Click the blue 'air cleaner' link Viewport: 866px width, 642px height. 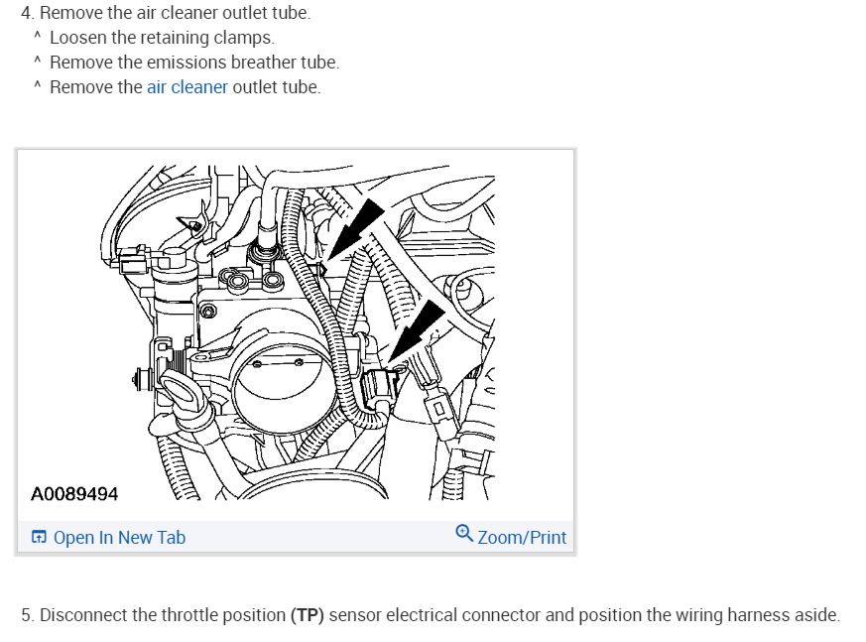(x=187, y=87)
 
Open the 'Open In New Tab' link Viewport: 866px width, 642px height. (x=119, y=538)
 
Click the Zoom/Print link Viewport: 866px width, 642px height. (x=522, y=538)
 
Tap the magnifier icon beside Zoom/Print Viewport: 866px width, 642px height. (x=464, y=535)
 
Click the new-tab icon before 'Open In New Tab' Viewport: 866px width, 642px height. (x=39, y=538)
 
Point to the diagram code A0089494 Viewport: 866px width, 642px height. (x=74, y=492)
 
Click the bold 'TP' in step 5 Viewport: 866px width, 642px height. (x=308, y=615)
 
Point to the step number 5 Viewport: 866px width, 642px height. (x=27, y=615)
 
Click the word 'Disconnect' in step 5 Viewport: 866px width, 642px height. (x=83, y=615)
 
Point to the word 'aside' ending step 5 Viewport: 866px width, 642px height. (x=815, y=615)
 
